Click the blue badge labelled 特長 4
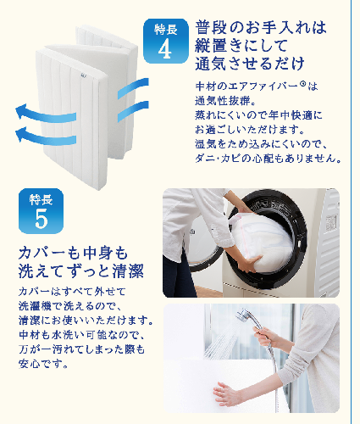(x=166, y=41)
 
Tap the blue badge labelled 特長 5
(x=41, y=211)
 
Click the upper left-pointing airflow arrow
(x=45, y=114)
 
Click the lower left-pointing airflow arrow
(x=45, y=137)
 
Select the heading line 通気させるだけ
(x=250, y=64)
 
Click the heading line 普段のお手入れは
(x=261, y=27)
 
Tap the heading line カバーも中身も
(x=73, y=253)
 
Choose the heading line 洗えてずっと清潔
(x=81, y=271)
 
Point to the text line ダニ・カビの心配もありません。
(x=269, y=159)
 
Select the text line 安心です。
(x=43, y=364)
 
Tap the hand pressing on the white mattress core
(x=226, y=393)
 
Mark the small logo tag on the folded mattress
(x=83, y=75)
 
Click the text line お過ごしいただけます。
(x=250, y=129)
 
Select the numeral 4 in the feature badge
(x=165, y=49)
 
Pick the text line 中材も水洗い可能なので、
(x=82, y=335)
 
